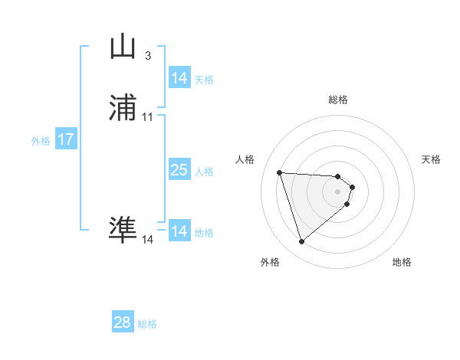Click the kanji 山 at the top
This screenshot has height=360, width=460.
123,47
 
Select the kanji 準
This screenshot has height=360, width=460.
123,230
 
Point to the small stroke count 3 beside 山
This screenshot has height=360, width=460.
147,55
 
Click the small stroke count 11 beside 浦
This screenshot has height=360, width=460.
147,116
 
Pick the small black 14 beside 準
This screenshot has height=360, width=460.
147,240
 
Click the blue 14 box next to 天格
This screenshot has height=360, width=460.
179,78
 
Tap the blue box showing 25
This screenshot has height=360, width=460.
179,170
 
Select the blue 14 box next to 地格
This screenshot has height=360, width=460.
179,231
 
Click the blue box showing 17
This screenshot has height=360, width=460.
66,139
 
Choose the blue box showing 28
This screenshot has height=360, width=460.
123,322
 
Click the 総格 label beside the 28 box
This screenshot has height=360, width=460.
147,324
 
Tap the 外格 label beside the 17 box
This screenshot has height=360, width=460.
41,141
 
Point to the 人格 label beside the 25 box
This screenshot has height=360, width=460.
204,172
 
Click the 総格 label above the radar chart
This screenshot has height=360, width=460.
338,100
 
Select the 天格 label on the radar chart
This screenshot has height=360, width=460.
431,159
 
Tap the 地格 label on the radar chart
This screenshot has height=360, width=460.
402,262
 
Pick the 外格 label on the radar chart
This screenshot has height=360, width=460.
270,262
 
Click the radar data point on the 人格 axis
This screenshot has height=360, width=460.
280,172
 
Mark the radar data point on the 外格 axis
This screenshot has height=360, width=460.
301,242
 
